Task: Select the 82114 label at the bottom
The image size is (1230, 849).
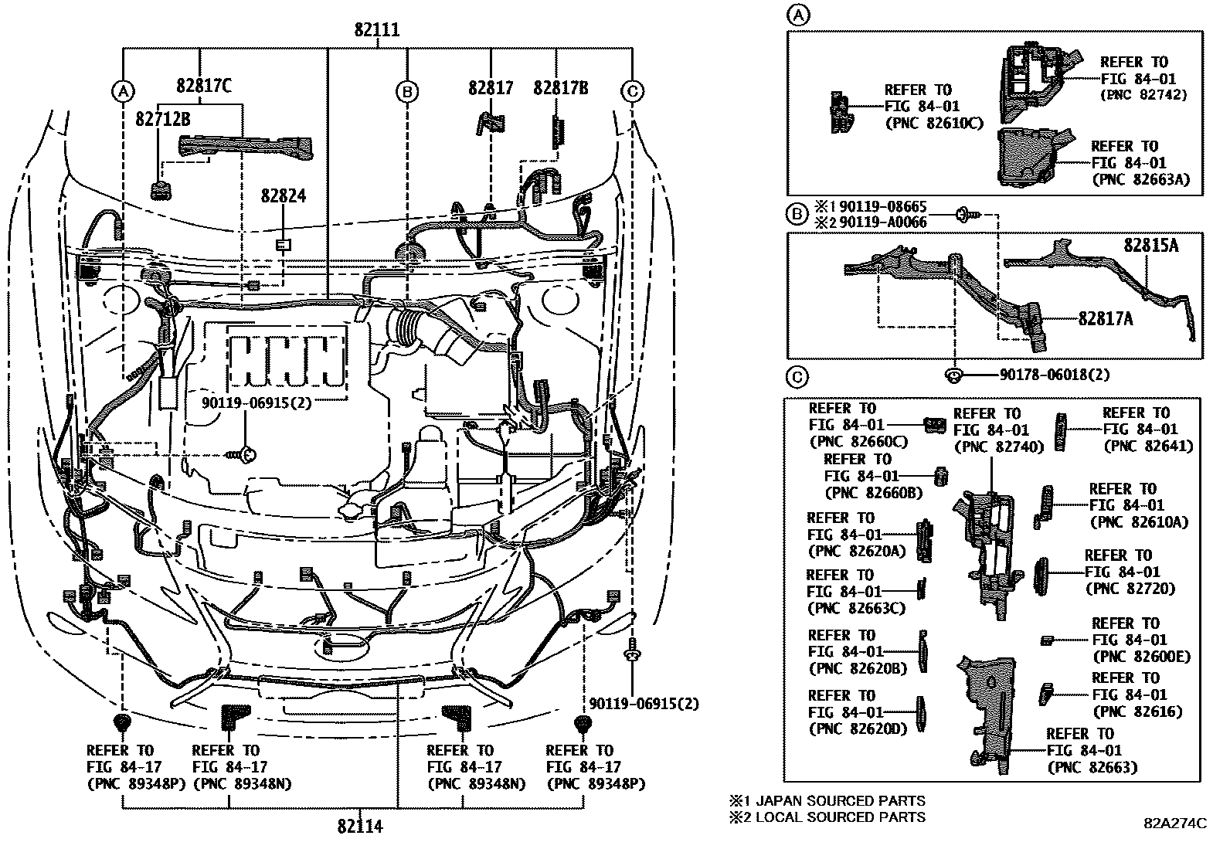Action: coord(360,827)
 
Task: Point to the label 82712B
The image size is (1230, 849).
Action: coord(163,119)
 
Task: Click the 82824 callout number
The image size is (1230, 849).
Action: coord(283,196)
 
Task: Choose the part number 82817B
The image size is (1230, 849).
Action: coord(560,88)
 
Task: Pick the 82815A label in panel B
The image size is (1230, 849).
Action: coord(1151,245)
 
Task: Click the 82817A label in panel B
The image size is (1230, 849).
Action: coord(1106,317)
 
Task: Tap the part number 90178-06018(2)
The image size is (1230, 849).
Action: coord(1055,375)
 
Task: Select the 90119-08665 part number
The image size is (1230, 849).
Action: coord(883,207)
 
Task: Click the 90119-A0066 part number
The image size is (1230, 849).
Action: coord(883,222)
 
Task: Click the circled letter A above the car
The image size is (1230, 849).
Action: coord(122,92)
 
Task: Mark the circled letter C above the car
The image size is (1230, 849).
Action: coord(632,92)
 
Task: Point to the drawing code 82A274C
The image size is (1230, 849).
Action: coord(1175,824)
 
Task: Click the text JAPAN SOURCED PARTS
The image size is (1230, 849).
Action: coord(839,801)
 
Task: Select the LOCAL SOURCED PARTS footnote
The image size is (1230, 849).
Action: coord(839,817)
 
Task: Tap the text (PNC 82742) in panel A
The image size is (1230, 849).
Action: coord(1143,95)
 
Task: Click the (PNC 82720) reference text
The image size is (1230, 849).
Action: coord(1130,589)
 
